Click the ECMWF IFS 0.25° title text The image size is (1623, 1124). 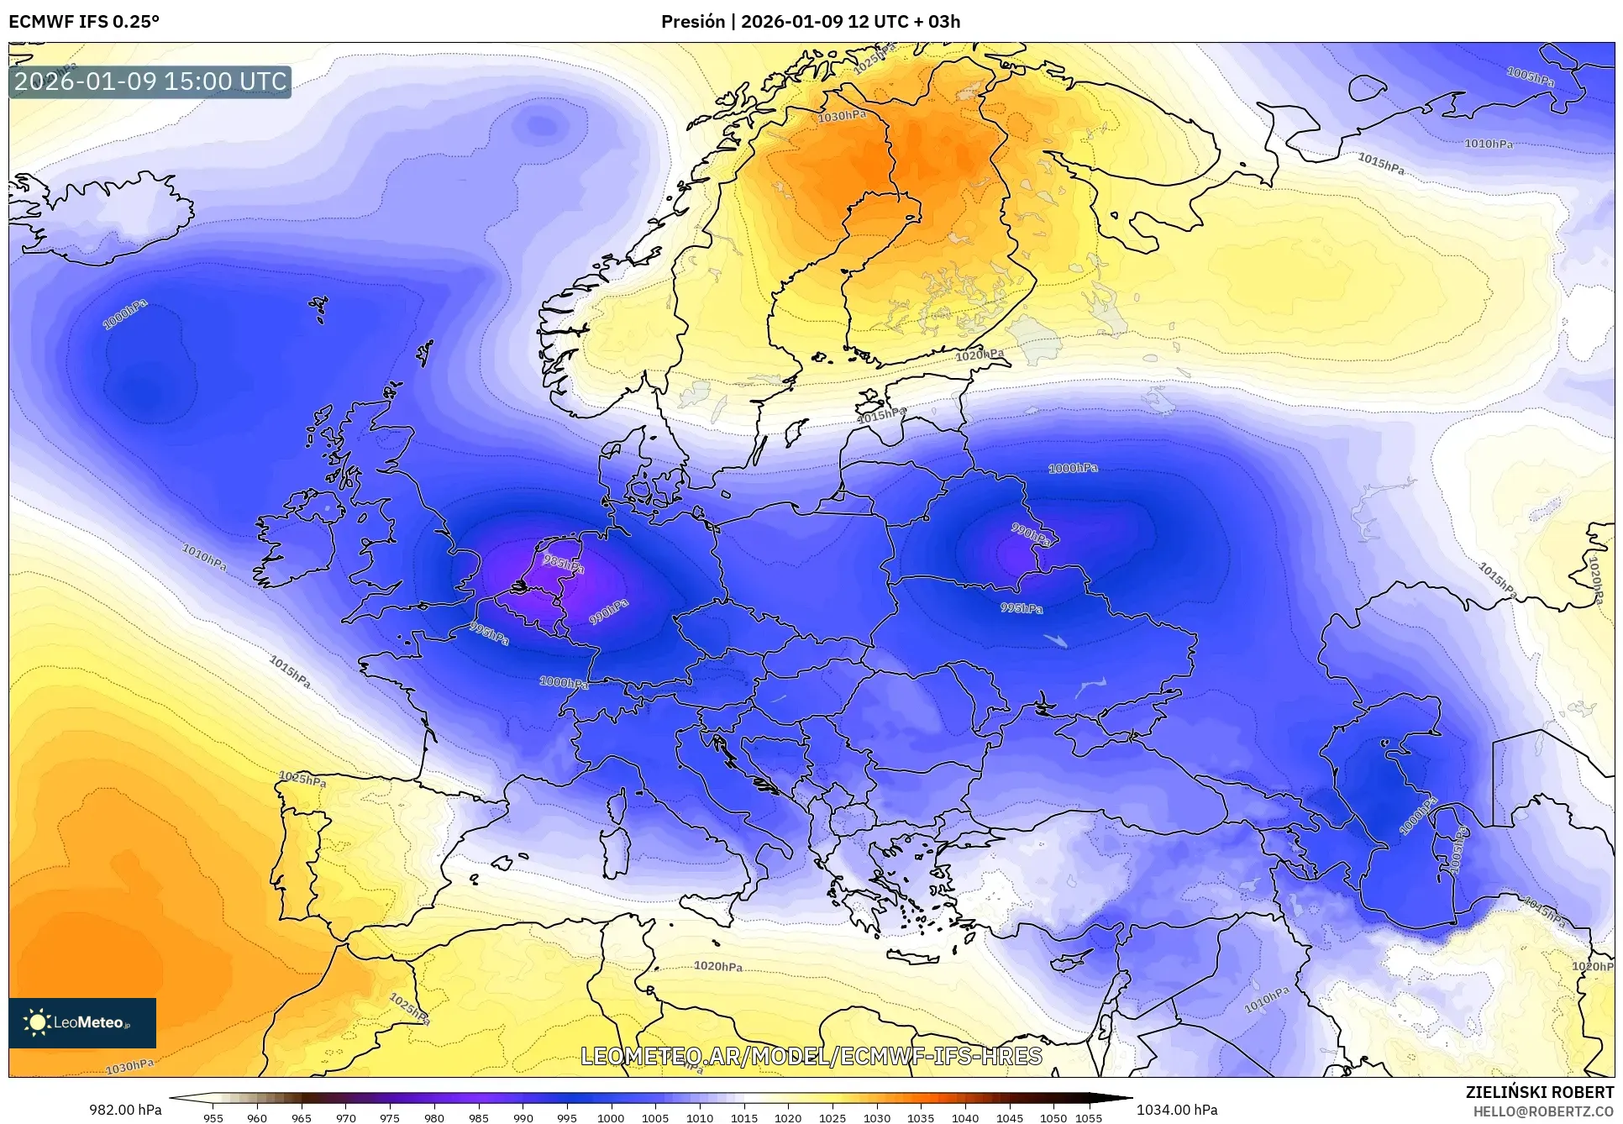(84, 22)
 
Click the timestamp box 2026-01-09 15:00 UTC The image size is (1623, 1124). (150, 81)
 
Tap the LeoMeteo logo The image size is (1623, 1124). (82, 1022)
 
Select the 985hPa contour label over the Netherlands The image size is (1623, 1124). (563, 563)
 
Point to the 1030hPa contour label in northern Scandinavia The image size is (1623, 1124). (842, 117)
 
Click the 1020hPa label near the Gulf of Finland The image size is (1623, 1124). (980, 355)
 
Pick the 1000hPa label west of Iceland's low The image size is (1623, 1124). (125, 314)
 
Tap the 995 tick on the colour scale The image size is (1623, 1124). (566, 1118)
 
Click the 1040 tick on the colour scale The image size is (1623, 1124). (964, 1118)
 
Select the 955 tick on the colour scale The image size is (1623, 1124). (213, 1118)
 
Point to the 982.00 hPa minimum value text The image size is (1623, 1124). (125, 1110)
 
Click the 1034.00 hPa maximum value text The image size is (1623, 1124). (1177, 1110)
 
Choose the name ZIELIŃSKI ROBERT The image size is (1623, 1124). (1540, 1092)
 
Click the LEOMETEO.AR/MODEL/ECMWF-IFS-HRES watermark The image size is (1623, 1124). (811, 1056)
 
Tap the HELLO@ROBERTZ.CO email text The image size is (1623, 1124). (1543, 1111)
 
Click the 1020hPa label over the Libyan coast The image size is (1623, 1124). (717, 966)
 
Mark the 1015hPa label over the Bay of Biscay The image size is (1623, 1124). (290, 672)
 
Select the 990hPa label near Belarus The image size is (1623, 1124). (1031, 533)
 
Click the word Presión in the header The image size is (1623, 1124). (692, 22)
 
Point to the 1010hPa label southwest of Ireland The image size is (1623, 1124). (204, 557)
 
